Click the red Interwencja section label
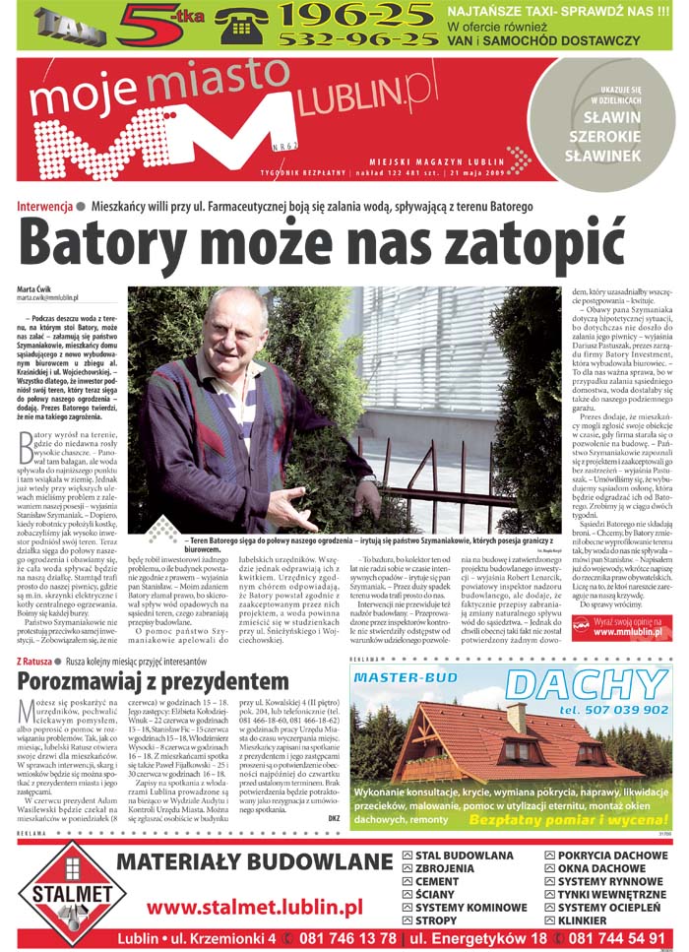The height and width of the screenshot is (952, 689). coord(45,207)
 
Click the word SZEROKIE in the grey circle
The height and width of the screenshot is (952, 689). coord(603,138)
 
